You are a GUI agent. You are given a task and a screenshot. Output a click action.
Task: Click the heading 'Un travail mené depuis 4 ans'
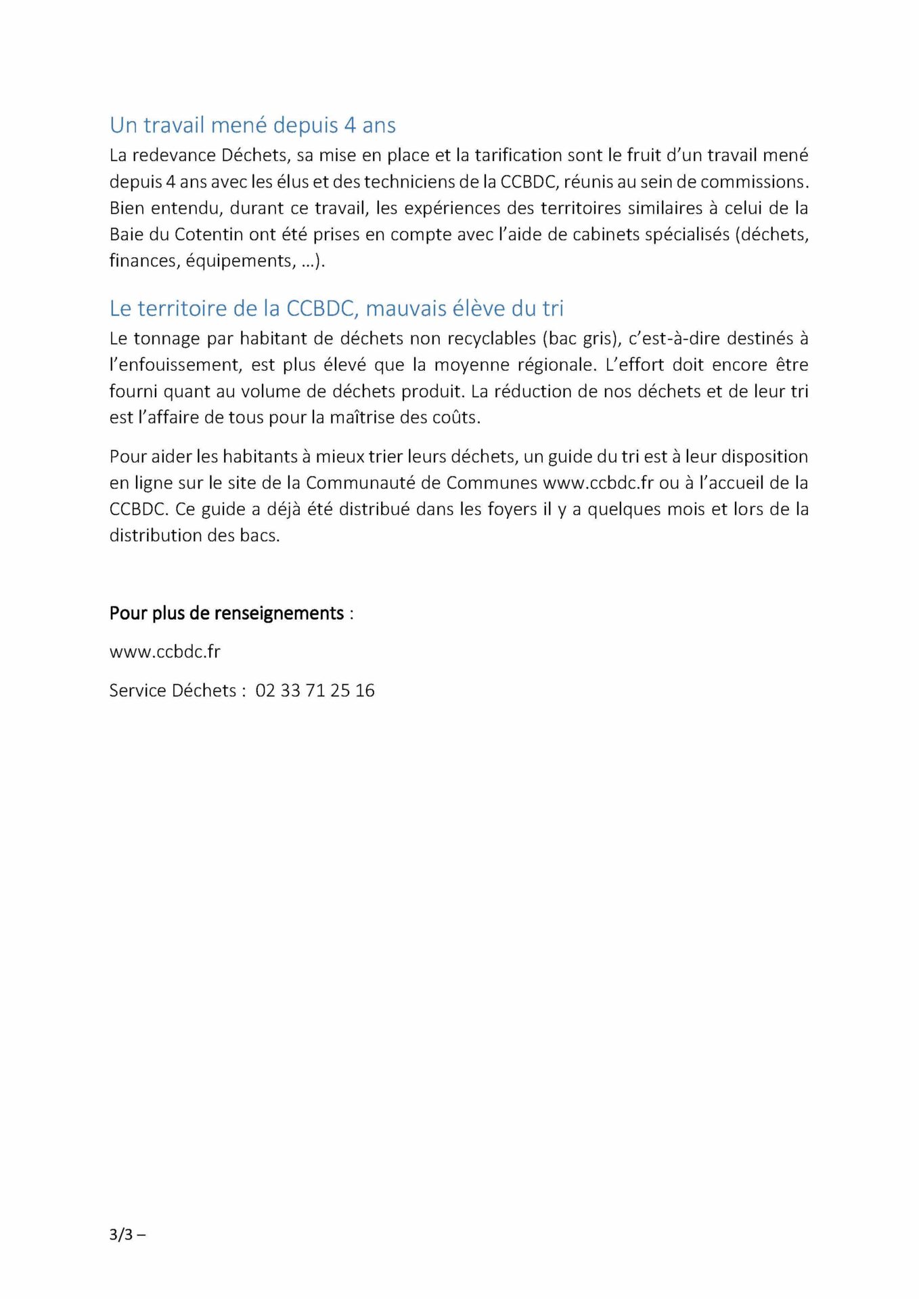(x=252, y=125)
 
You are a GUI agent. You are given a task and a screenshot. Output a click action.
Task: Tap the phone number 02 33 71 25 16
(x=315, y=690)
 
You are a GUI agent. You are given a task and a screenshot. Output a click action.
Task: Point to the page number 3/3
(x=122, y=1234)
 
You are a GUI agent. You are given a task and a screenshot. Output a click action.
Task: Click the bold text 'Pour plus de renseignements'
(x=227, y=613)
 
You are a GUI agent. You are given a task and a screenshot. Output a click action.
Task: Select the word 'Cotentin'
(x=208, y=235)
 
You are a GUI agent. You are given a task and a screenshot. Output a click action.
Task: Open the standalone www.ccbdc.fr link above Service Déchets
(x=164, y=652)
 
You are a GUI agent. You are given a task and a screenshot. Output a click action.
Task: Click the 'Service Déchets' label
(x=173, y=690)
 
